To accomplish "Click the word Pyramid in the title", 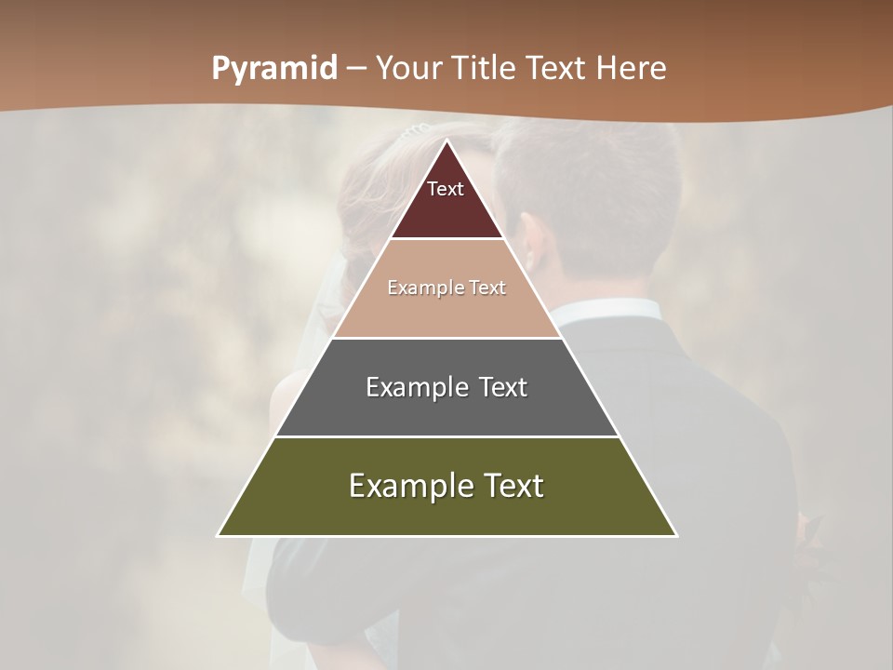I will click(x=274, y=69).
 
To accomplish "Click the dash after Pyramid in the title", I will click(x=356, y=70).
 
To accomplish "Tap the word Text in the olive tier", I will click(x=511, y=486).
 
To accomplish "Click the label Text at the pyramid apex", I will click(x=446, y=189).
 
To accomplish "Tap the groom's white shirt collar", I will click(x=605, y=311).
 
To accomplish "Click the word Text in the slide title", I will click(x=556, y=68).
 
